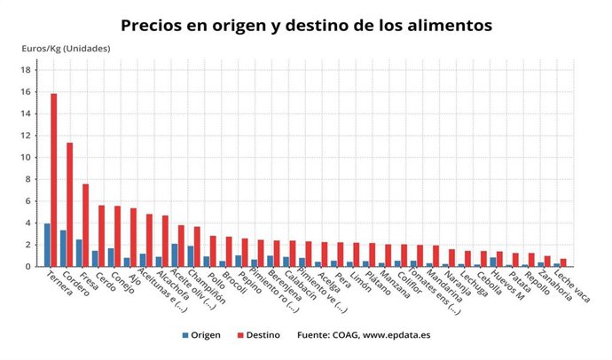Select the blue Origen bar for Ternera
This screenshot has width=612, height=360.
point(47,245)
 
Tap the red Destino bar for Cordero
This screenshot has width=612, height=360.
point(69,205)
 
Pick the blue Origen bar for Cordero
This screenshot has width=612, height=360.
point(62,248)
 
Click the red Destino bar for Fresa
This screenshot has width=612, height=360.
point(85,225)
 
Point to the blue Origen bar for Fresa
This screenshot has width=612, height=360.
point(78,253)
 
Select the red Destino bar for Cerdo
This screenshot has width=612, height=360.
point(101,236)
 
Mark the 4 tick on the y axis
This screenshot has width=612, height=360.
point(27,223)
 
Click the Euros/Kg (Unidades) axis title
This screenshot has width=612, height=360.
point(66,48)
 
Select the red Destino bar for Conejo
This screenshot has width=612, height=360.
point(117,236)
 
